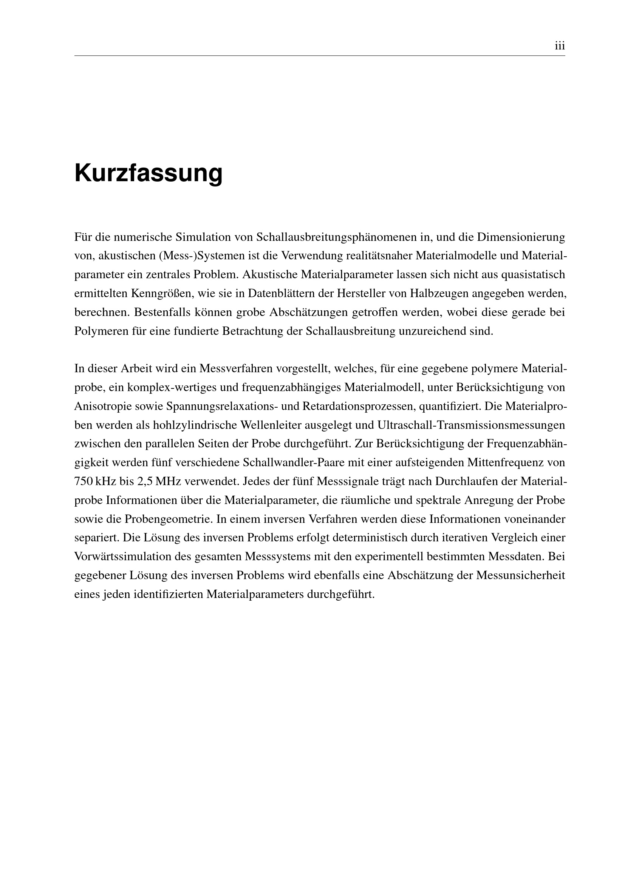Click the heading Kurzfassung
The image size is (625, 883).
[x=148, y=174]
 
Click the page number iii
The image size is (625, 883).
[x=560, y=46]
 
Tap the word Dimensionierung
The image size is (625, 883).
[x=521, y=237]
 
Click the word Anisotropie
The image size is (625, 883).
[x=102, y=407]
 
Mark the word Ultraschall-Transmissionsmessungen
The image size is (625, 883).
[x=471, y=425]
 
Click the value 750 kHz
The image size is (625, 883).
[x=93, y=482]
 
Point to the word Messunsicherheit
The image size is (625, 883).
[x=520, y=576]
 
